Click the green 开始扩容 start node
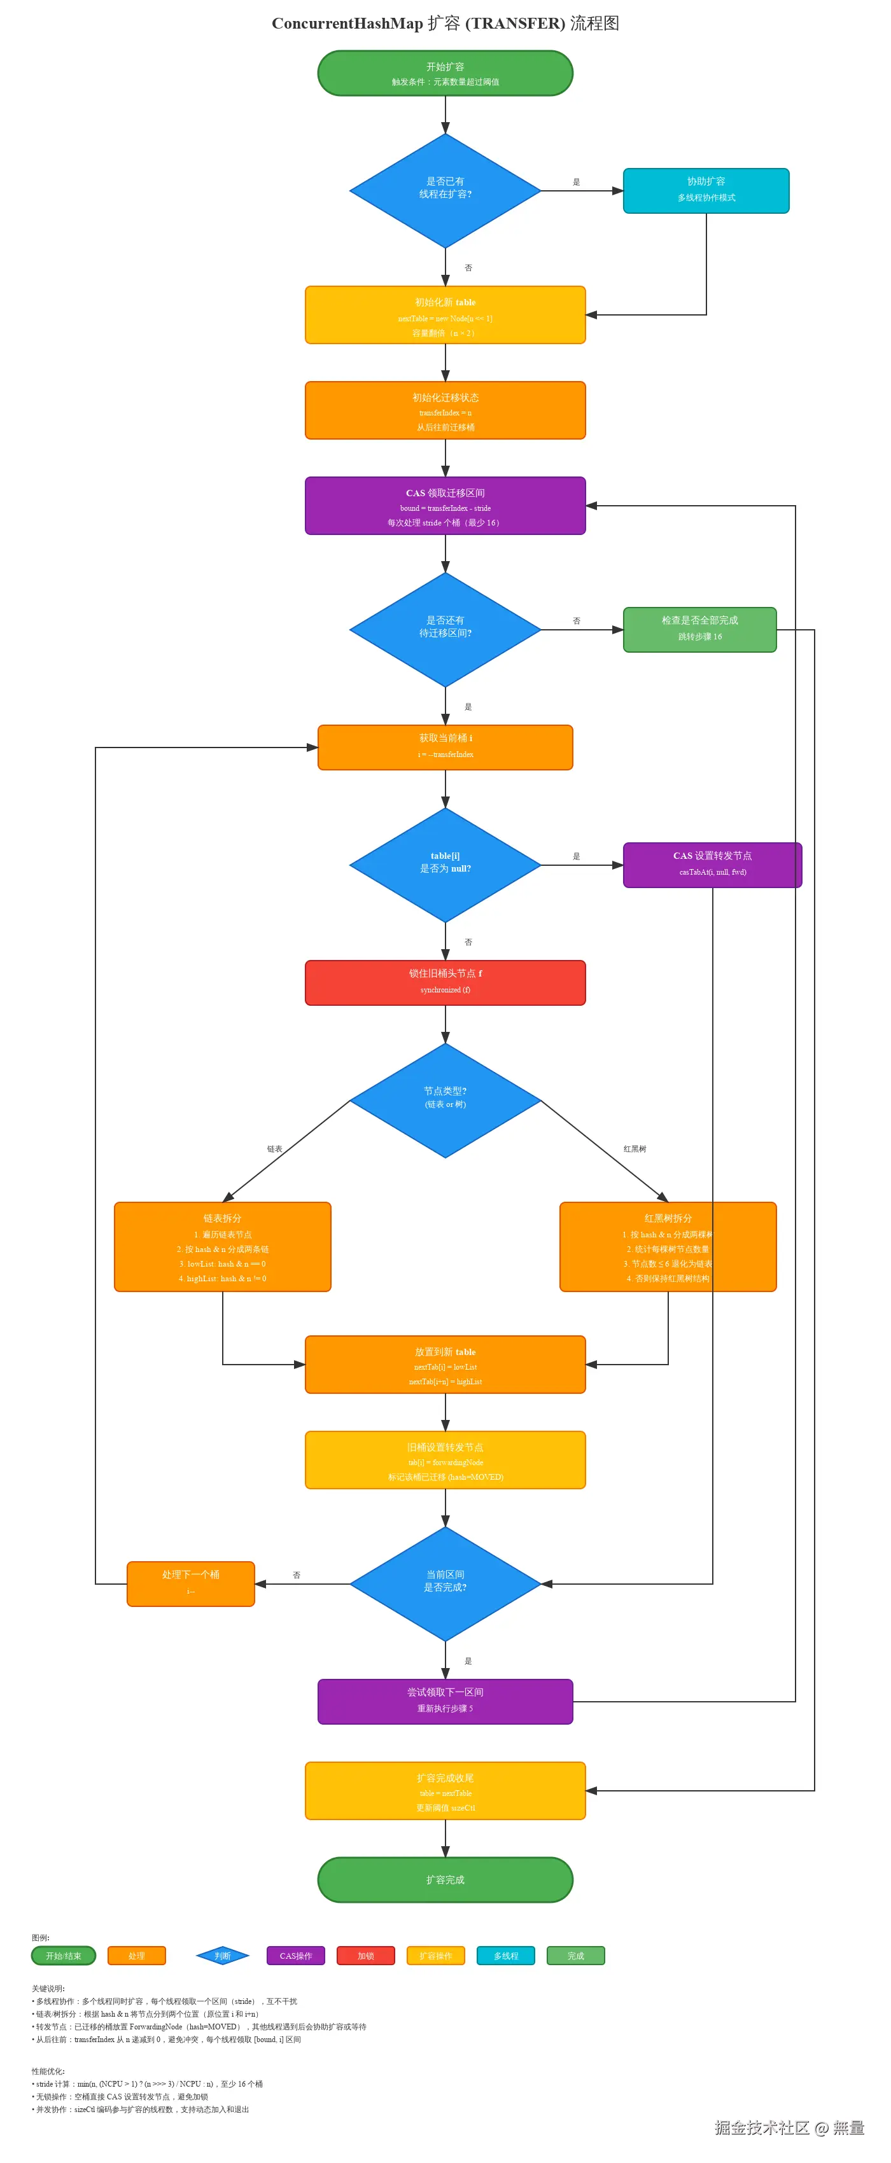coord(445,73)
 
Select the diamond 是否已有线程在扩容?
coord(445,191)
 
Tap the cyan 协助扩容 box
coord(705,191)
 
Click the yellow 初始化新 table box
coord(445,315)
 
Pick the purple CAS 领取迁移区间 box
coord(445,506)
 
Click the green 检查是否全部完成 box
coord(699,629)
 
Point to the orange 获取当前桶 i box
coord(445,746)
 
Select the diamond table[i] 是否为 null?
coord(445,864)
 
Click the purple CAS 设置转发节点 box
coord(712,864)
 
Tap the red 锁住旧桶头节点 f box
coord(445,982)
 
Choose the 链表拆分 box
coord(223,1246)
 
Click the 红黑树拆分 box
coord(668,1246)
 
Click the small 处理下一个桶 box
coord(191,1583)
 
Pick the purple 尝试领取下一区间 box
coord(445,1700)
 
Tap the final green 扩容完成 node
coord(445,1879)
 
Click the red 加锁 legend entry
coord(365,1956)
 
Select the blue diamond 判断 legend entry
coord(223,1956)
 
